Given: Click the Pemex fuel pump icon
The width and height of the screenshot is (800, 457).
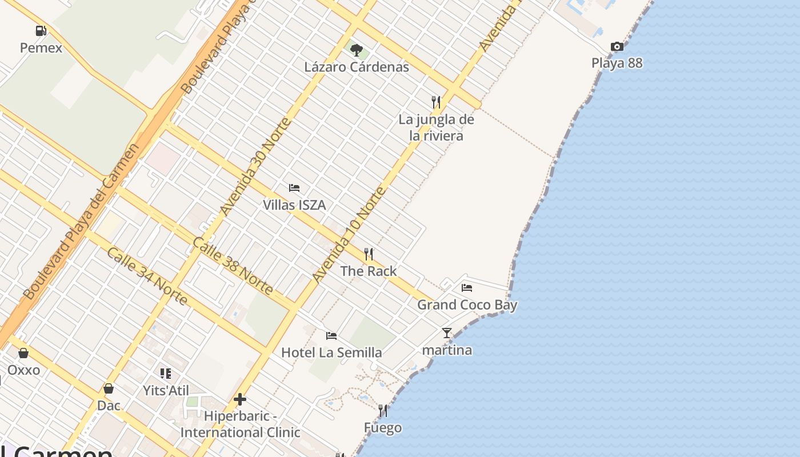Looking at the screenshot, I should (41, 31).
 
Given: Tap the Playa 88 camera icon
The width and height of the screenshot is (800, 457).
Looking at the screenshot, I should (617, 46).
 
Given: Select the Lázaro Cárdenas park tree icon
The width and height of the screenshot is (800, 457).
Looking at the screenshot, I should (357, 50).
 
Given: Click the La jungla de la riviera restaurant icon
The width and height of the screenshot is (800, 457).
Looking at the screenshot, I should (436, 102).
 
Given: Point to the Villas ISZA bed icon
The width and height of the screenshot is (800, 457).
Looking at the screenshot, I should (294, 187).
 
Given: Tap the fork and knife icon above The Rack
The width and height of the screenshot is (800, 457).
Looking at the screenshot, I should (369, 254).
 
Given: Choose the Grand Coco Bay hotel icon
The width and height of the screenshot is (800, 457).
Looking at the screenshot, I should (467, 288).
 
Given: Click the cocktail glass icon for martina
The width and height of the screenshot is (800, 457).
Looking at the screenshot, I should (447, 332).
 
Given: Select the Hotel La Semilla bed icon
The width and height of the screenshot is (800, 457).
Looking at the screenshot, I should (331, 335).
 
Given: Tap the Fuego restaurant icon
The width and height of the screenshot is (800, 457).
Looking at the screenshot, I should (382, 411).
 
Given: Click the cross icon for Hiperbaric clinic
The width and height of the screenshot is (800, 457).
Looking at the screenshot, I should (240, 399).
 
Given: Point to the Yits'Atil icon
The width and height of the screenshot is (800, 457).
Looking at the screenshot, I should (166, 374).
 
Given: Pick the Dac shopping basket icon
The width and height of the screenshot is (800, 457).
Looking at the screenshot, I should (109, 389).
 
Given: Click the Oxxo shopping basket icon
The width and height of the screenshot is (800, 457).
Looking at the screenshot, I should (23, 353).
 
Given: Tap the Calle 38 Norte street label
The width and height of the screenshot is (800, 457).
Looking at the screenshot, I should (232, 266).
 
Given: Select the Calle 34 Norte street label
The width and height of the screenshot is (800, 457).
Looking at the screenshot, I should (147, 276).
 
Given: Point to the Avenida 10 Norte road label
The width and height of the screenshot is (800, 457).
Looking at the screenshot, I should (348, 235).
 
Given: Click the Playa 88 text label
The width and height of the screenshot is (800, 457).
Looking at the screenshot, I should (617, 63).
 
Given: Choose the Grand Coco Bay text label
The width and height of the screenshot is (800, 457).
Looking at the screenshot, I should (467, 304).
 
